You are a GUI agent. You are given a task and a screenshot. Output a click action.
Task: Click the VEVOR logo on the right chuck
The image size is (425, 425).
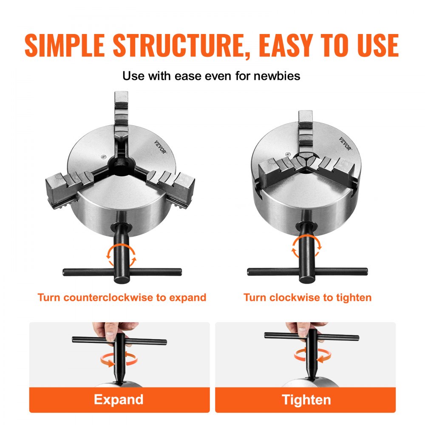click(x=346, y=144)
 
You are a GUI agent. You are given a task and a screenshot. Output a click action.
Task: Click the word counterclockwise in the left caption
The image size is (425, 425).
click(x=109, y=297)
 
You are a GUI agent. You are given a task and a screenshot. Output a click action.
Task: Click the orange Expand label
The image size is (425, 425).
click(x=119, y=399)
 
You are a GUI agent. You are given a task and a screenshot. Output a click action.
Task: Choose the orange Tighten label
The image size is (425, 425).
click(x=306, y=399)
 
